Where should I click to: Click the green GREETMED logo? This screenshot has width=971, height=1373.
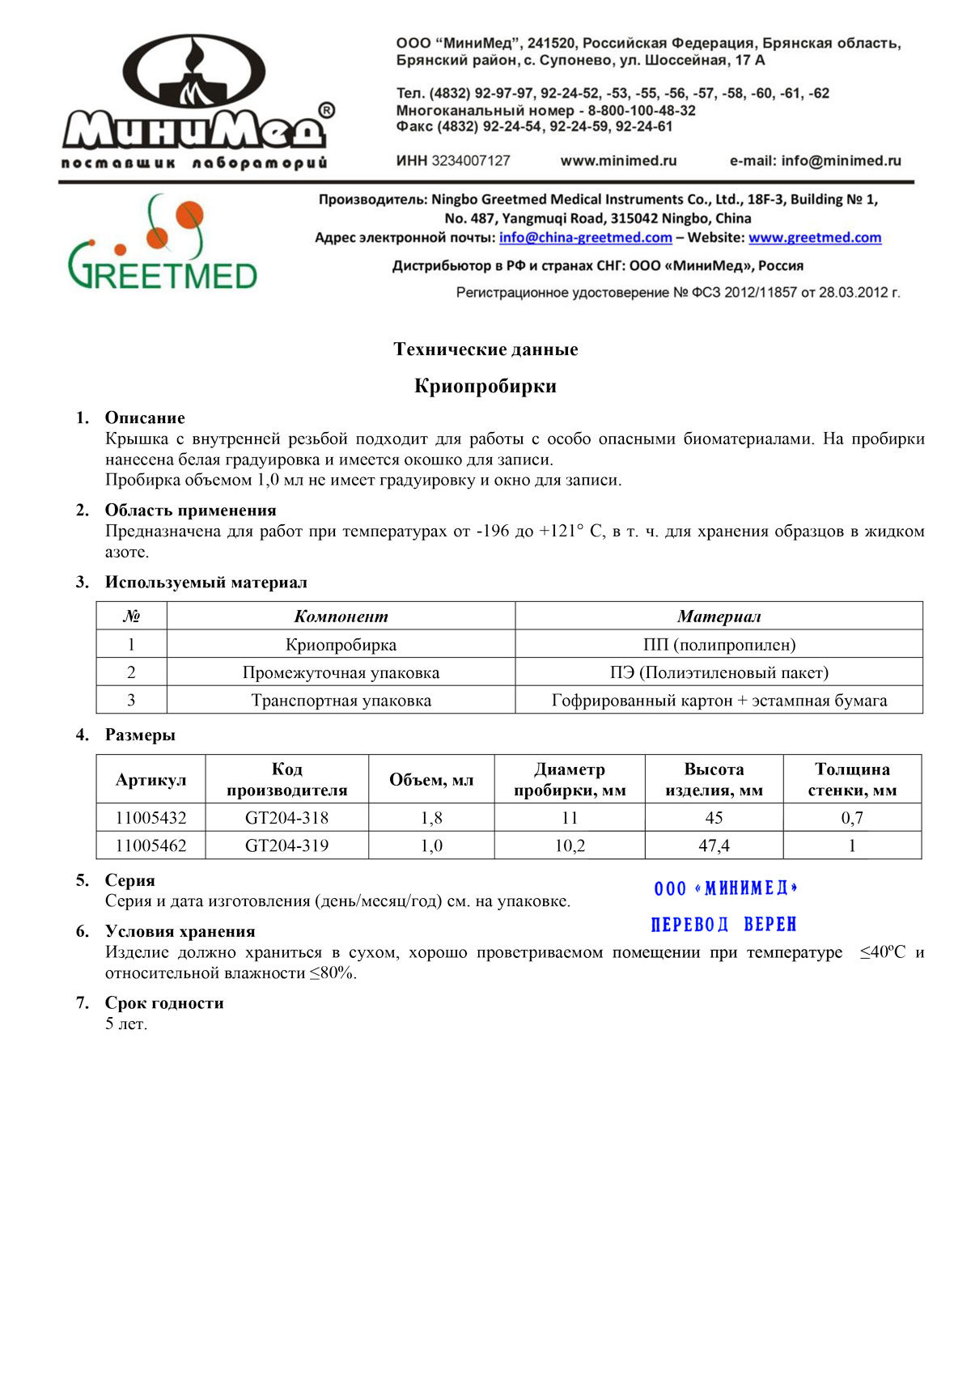pos(162,244)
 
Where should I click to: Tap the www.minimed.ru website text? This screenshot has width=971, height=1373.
pos(618,161)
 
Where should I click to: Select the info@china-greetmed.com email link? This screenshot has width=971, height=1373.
pos(585,238)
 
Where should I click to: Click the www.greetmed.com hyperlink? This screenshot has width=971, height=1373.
pos(814,238)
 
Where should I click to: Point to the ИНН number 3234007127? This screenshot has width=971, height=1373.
pos(470,161)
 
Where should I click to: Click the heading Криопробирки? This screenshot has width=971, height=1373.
pos(485,386)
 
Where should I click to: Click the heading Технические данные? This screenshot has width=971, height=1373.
pos(485,350)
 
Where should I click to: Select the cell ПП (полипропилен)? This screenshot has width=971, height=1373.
pos(719,645)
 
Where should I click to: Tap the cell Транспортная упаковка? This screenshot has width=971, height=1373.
pos(341,701)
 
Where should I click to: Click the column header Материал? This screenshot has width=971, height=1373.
pos(719,617)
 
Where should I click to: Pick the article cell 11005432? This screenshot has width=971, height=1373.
pos(151,818)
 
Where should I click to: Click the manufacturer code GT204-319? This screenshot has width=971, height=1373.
pos(286,845)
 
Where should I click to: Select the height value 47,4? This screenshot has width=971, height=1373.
pos(714,845)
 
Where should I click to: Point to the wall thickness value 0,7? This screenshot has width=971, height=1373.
pos(851,818)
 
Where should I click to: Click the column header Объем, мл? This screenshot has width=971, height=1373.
pos(431,780)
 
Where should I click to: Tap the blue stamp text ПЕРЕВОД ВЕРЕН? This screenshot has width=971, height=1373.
pos(723,924)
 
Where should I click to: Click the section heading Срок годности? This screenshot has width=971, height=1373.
pos(164,1003)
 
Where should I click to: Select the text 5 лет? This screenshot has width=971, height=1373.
pos(126,1024)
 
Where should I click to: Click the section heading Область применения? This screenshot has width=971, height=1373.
pos(190,511)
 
